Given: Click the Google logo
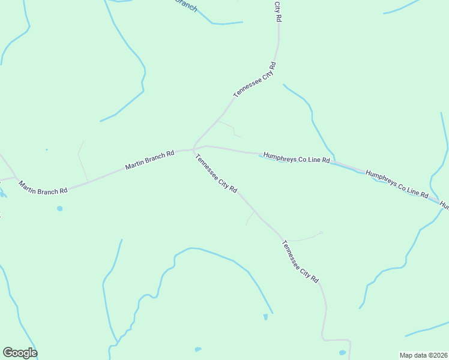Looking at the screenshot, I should (x=20, y=353).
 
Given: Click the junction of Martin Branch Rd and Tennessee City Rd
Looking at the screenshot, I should (x=193, y=149).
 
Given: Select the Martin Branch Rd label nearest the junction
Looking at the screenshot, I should (x=149, y=160).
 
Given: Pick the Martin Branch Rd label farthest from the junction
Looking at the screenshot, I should (x=43, y=187).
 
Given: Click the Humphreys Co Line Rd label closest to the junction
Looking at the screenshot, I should (x=297, y=158).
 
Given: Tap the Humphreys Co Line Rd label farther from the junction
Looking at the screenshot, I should (x=397, y=184).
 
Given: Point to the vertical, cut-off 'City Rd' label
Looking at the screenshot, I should (x=277, y=11).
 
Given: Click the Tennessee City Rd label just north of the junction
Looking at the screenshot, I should (x=255, y=80).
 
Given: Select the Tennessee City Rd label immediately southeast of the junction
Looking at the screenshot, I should (x=216, y=172).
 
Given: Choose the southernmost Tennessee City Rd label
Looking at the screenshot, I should (x=300, y=262).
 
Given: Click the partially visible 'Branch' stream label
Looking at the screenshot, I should (x=186, y=5).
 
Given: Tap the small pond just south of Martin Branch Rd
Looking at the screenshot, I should (x=59, y=209).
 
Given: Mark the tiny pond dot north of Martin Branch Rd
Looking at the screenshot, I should (x=46, y=149).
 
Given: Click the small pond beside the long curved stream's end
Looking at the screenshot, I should (x=265, y=317).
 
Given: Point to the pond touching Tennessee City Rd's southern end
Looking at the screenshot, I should (x=342, y=353).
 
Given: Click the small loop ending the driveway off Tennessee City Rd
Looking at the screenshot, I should (x=321, y=233).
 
